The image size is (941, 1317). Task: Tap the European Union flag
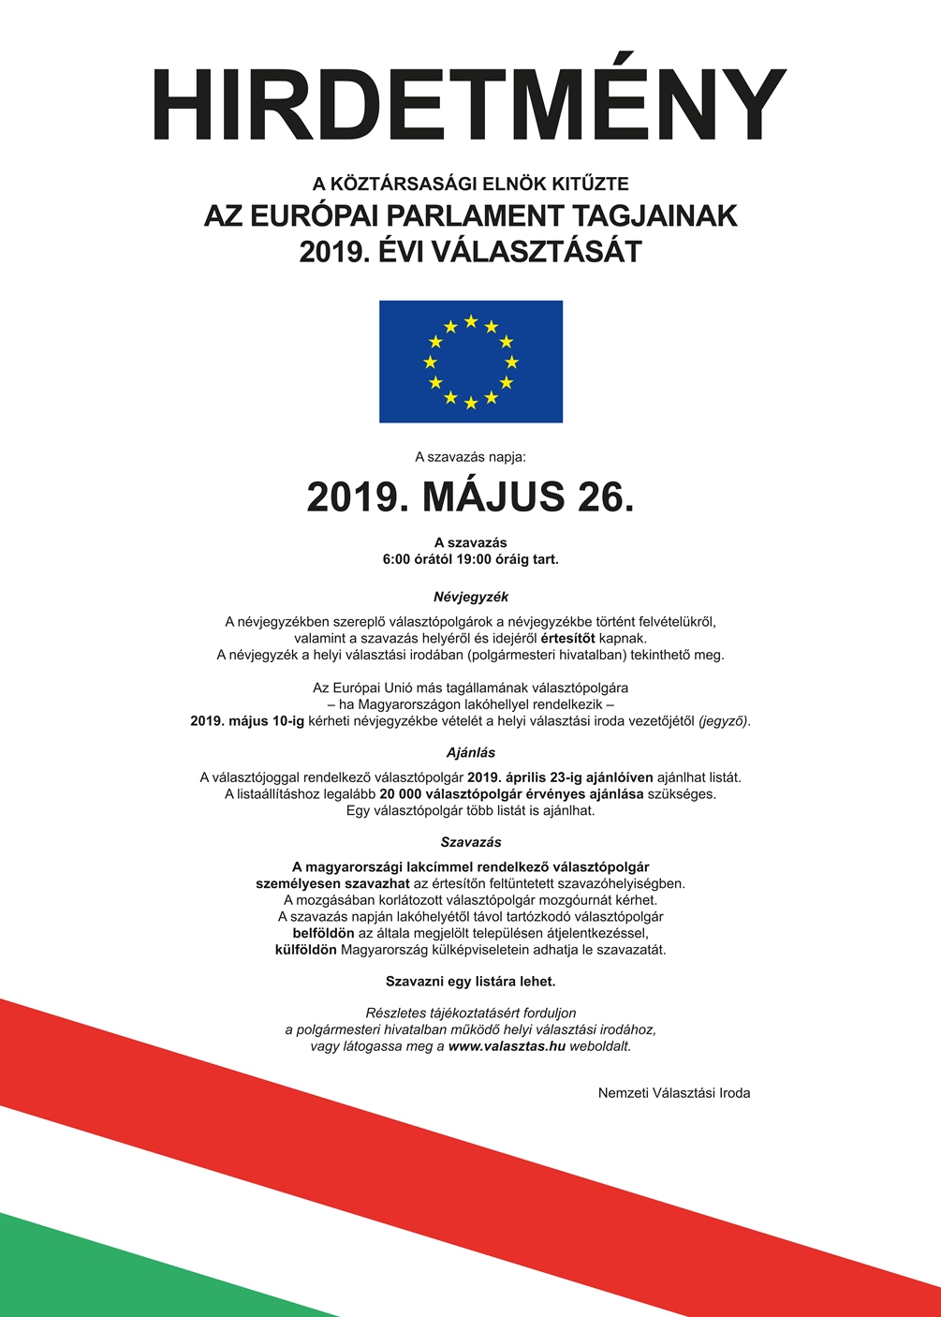[471, 362]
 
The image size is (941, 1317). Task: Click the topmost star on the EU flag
[471, 321]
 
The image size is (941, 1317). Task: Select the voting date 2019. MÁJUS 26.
[470, 497]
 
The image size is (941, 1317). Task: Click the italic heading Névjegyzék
[471, 597]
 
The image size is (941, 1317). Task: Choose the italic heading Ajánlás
[471, 752]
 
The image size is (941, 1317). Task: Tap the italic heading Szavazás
[471, 842]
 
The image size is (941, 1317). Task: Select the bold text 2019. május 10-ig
[242, 721]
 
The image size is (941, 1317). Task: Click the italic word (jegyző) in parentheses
[724, 721]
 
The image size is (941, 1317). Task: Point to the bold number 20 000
[401, 793]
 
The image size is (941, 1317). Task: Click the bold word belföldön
[323, 933]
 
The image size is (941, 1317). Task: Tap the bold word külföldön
[305, 949]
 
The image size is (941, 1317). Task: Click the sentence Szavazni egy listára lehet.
[471, 982]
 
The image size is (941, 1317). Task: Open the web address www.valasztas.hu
[507, 1046]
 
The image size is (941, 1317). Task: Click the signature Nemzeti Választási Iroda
[674, 1092]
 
